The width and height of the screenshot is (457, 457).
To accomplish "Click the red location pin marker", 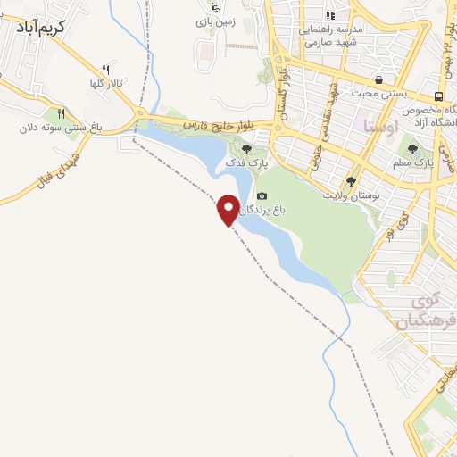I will click(228, 210).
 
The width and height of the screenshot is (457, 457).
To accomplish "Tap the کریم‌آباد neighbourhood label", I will click(34, 26).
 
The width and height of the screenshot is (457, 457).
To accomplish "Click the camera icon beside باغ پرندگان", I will click(262, 196).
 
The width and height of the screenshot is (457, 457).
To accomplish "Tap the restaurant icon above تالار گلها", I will click(104, 70).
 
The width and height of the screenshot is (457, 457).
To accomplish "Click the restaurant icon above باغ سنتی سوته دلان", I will click(61, 113).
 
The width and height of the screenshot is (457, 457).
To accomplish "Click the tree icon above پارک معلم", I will click(412, 150).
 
